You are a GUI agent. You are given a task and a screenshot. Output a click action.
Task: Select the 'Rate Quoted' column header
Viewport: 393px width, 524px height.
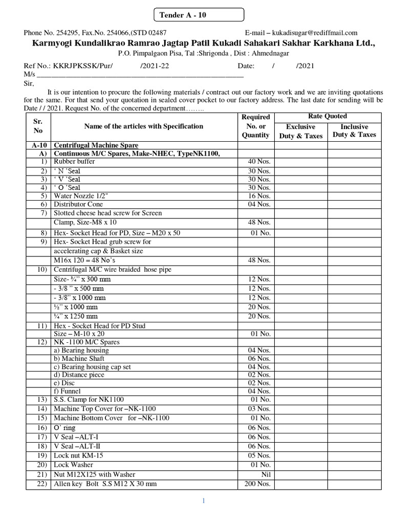327,116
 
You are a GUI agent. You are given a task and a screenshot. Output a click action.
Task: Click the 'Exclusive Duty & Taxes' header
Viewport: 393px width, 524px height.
300,131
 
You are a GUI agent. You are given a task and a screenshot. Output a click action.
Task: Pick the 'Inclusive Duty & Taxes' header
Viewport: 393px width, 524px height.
354,130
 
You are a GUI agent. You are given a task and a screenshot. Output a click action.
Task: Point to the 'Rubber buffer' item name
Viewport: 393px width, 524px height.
74,162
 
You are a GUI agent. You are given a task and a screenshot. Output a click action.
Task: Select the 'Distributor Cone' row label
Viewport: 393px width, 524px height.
78,204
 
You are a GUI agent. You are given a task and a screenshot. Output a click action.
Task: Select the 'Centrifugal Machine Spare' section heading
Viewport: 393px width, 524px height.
96,145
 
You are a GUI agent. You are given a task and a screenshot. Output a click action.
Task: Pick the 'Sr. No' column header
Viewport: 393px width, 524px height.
38,126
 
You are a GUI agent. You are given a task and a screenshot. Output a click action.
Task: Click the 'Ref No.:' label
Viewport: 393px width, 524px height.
35,66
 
